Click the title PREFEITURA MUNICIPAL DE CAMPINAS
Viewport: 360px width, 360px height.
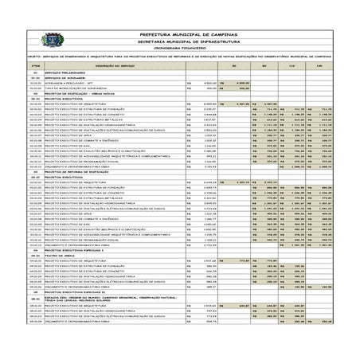tap(181, 36)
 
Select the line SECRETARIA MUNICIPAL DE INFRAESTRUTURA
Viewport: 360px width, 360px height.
tap(181, 41)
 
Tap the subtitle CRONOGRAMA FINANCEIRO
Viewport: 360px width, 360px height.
tap(181, 48)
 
